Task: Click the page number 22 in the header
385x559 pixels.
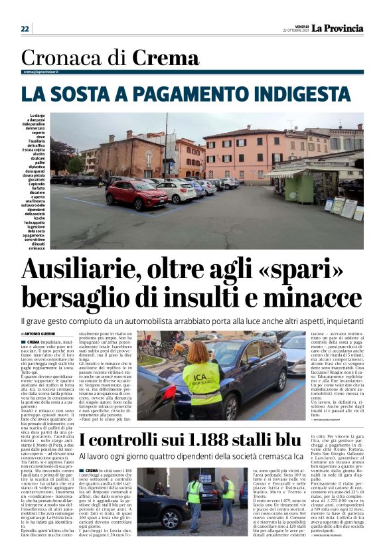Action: point(25,29)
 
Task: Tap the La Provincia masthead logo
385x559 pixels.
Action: point(338,28)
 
